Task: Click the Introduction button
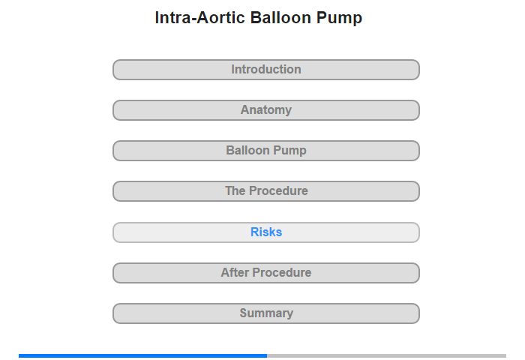click(x=265, y=70)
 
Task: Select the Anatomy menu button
click(x=265, y=110)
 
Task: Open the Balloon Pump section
click(x=265, y=151)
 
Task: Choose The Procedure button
click(x=265, y=191)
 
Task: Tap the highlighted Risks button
click(x=265, y=232)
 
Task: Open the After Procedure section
click(x=265, y=273)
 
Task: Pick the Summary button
click(x=265, y=313)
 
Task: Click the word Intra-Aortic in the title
click(x=200, y=17)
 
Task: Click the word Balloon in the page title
click(x=280, y=17)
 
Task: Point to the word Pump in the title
click(x=339, y=19)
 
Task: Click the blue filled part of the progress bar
click(x=143, y=355)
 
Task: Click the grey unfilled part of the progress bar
click(x=387, y=355)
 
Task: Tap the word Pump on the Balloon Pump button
click(x=291, y=151)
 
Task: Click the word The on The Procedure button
click(x=235, y=191)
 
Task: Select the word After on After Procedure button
click(x=235, y=272)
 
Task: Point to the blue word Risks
click(x=266, y=232)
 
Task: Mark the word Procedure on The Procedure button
click(x=278, y=191)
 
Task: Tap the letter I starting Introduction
click(x=233, y=69)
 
